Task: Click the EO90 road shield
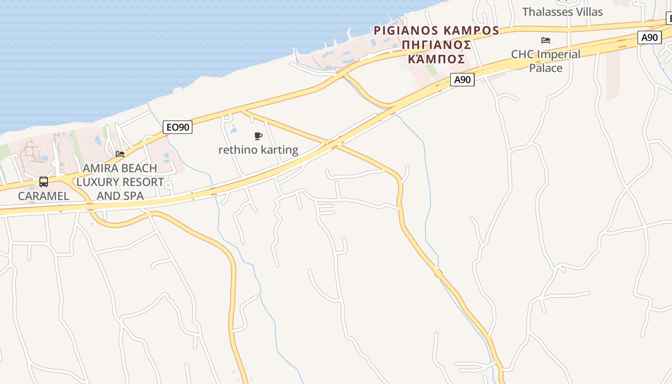[177, 127]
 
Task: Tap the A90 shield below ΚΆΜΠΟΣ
[462, 80]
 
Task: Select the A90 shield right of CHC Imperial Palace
[649, 37]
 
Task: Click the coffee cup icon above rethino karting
[258, 136]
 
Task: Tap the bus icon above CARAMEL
[44, 182]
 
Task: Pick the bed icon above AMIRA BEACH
[120, 154]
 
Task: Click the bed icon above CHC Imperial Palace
[546, 40]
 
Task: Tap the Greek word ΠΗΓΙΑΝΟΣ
[436, 45]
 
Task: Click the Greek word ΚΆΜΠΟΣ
[436, 59]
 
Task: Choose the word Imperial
[558, 54]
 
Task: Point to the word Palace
[546, 68]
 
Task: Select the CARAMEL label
[44, 196]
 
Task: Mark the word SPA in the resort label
[134, 196]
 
